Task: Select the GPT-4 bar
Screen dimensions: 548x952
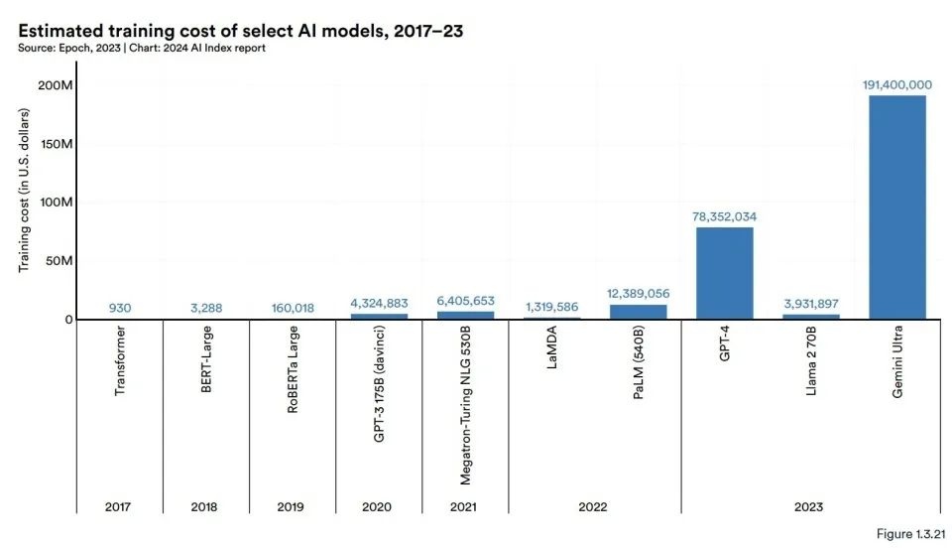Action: (x=724, y=273)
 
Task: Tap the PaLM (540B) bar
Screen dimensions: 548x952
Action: (x=638, y=312)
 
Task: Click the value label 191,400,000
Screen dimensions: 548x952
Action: (x=896, y=85)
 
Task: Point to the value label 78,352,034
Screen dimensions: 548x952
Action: (x=724, y=217)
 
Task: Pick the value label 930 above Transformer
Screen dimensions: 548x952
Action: (x=120, y=308)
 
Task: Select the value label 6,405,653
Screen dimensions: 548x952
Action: (x=465, y=301)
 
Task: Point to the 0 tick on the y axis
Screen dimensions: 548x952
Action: (x=69, y=320)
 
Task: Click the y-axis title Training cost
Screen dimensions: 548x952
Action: (x=24, y=203)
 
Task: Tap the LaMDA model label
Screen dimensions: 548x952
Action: (x=551, y=353)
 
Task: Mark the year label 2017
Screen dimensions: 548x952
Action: (x=120, y=506)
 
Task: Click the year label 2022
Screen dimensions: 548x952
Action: (x=594, y=506)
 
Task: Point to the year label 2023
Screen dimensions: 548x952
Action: (x=810, y=506)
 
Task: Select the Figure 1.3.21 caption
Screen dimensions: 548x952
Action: (x=904, y=534)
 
